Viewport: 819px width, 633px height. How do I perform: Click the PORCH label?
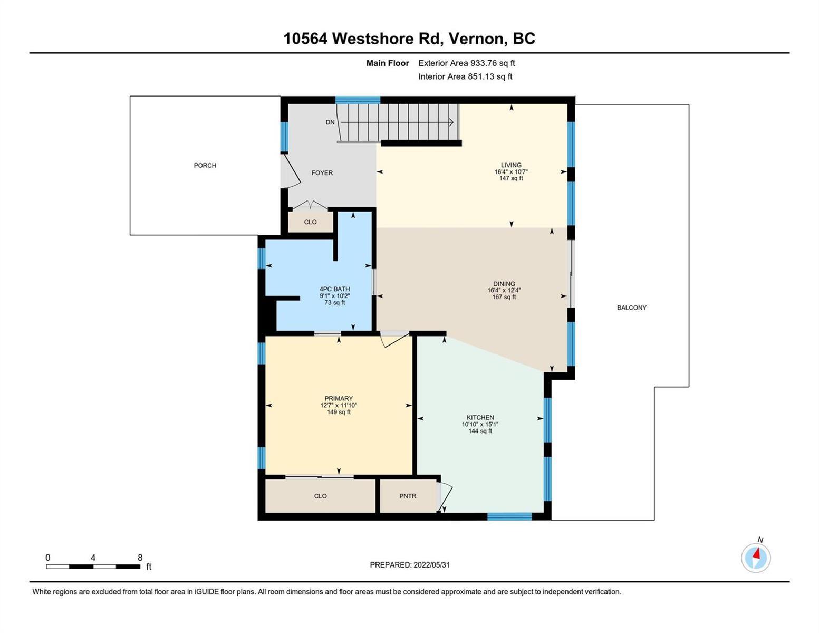click(205, 165)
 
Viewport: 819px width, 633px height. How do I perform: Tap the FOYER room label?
click(322, 172)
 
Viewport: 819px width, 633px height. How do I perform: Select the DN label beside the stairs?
click(330, 122)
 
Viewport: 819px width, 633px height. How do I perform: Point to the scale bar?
click(93, 566)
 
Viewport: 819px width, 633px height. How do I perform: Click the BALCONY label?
click(632, 308)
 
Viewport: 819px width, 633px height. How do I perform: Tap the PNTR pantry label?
click(408, 496)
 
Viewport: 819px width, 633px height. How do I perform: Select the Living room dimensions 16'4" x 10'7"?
click(511, 171)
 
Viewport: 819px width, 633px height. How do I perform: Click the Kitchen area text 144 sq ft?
click(480, 431)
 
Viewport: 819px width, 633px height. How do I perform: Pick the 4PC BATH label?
click(335, 289)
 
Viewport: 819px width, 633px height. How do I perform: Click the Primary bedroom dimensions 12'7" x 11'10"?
click(339, 405)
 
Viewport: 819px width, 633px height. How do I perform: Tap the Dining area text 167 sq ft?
click(504, 296)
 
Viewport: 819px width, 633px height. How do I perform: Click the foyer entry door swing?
click(291, 172)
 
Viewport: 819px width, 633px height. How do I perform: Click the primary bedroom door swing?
click(394, 340)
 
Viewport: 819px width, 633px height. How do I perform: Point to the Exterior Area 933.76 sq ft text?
click(466, 63)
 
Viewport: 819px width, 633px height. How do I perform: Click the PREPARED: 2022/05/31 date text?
click(410, 565)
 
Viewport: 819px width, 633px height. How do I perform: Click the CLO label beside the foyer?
click(310, 222)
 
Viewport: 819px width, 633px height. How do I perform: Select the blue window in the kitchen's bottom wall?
click(509, 516)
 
